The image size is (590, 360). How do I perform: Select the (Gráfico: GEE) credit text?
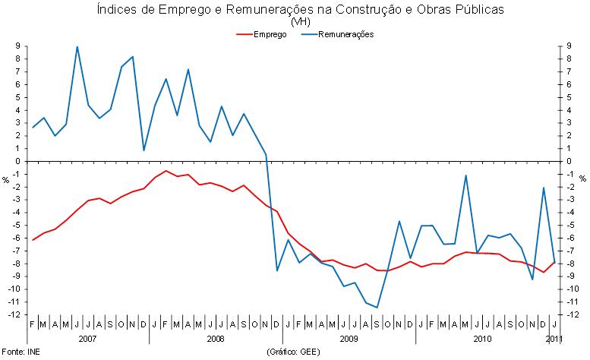[x=294, y=352]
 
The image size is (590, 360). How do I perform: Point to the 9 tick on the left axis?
[x=17, y=47]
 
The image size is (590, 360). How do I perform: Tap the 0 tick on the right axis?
[x=569, y=162]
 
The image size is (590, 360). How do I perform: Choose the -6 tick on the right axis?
[x=571, y=238]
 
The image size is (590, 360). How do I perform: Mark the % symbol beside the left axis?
[x=6, y=180]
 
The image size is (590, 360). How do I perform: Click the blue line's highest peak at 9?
[x=77, y=47]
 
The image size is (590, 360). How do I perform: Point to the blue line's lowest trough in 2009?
[x=377, y=308]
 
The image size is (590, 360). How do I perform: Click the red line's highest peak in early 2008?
[x=166, y=171]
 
